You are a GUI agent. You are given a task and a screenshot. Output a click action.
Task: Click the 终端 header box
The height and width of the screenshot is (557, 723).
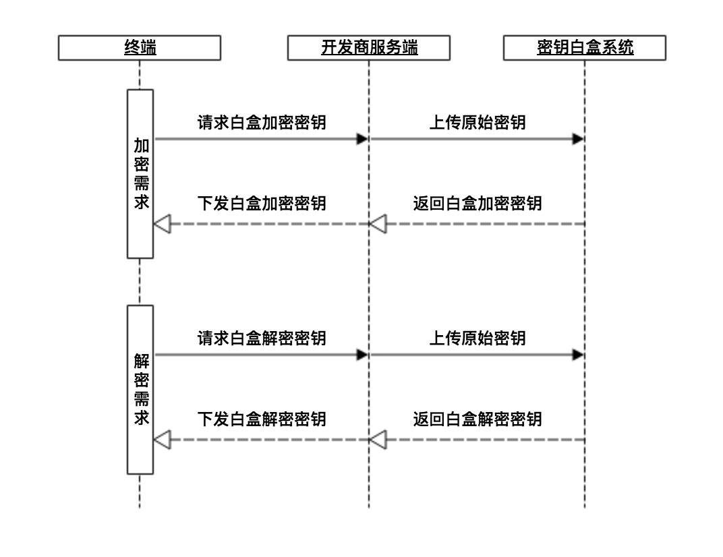[140, 48]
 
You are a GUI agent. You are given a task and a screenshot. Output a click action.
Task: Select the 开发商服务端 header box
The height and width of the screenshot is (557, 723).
[368, 48]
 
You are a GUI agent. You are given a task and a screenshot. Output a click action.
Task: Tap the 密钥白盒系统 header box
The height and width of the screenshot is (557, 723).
[585, 48]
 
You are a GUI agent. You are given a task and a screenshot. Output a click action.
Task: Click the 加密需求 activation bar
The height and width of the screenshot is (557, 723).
[141, 173]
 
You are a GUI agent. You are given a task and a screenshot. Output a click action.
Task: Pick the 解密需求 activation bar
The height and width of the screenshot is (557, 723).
[141, 389]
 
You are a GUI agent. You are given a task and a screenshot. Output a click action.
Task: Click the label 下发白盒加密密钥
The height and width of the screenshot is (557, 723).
[262, 202]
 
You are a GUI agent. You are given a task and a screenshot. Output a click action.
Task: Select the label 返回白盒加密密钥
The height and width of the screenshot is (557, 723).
[478, 202]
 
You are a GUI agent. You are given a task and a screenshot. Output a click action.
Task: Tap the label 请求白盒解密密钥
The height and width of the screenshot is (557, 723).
[262, 337]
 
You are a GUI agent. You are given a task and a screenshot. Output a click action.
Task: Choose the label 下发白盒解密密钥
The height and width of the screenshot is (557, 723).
[262, 419]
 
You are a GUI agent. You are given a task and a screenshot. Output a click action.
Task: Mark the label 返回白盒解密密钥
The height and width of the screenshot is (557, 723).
[478, 419]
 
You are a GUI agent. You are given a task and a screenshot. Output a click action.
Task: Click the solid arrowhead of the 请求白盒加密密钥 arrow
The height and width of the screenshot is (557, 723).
[362, 139]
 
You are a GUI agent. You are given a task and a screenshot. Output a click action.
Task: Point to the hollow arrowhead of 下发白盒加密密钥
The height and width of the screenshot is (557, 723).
[162, 224]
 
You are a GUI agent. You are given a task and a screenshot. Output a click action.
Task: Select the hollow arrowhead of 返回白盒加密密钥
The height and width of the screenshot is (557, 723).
[378, 224]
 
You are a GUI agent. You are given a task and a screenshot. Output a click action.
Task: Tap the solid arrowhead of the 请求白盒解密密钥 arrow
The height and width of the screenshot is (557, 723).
[362, 355]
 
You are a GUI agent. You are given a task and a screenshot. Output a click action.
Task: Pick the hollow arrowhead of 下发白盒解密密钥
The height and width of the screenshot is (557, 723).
[162, 440]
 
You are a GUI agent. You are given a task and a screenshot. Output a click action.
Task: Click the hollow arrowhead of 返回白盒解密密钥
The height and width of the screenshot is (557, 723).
[378, 440]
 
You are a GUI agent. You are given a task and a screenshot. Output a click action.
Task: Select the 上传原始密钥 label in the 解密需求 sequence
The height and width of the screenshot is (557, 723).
[478, 337]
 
